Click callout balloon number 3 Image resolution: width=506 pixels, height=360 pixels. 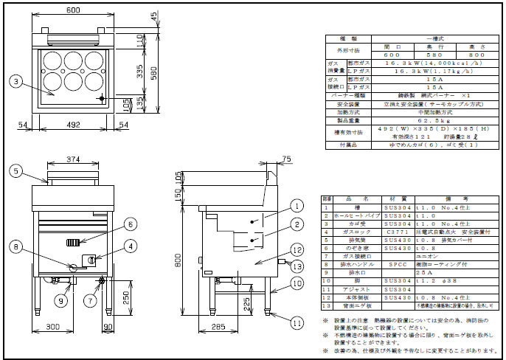(x=15, y=81)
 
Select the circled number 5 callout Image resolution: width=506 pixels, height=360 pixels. (x=15, y=170)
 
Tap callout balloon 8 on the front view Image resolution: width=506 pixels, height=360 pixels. (x=15, y=246)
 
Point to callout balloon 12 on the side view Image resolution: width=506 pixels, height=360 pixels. (x=294, y=249)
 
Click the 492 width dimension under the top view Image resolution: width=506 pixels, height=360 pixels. (x=71, y=126)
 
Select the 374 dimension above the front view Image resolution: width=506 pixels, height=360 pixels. (x=71, y=159)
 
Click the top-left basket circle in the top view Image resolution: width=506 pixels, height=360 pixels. (x=52, y=60)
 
